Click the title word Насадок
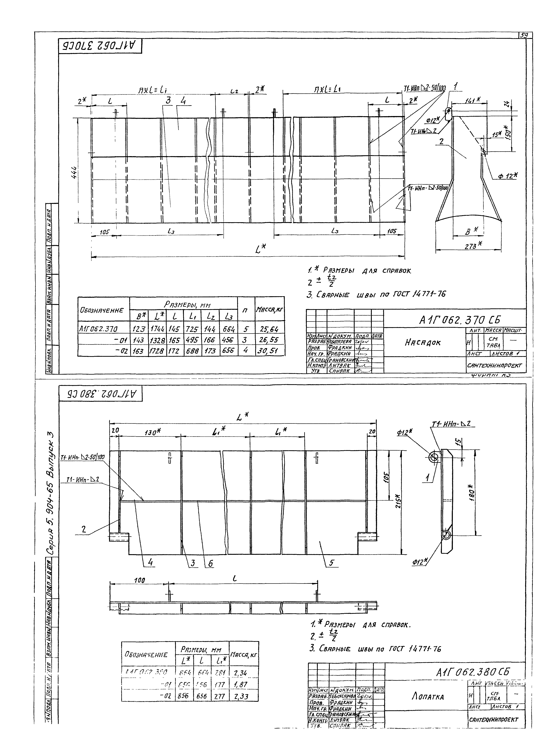tap(423, 343)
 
